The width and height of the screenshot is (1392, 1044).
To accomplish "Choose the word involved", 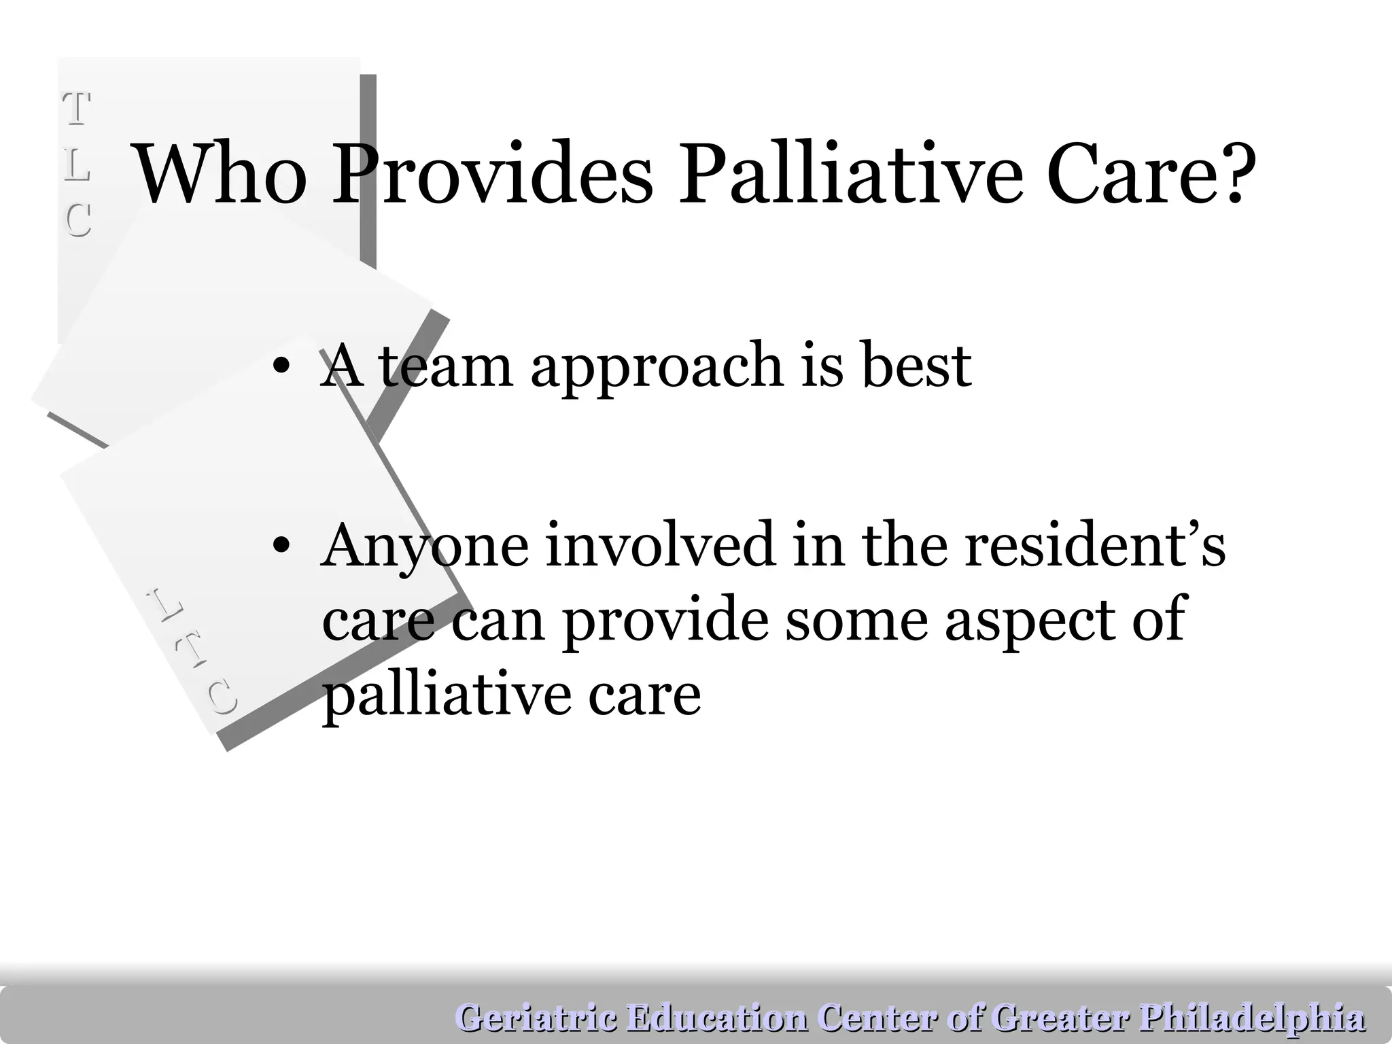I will (659, 546).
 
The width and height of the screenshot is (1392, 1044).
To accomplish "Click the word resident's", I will (1094, 546).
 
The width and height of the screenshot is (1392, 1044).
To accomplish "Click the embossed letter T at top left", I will (77, 109).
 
